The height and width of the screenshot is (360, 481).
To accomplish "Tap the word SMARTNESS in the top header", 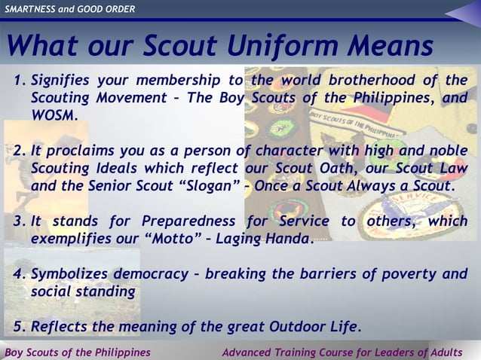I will click(33, 9).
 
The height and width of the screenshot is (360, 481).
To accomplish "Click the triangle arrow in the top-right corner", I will click(461, 11).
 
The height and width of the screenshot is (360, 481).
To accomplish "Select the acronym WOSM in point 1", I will click(53, 118).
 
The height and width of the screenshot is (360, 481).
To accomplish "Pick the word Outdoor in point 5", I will click(284, 327).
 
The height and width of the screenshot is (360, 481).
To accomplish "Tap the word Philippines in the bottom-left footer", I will click(119, 352).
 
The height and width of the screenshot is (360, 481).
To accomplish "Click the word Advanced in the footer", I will click(250, 352).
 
